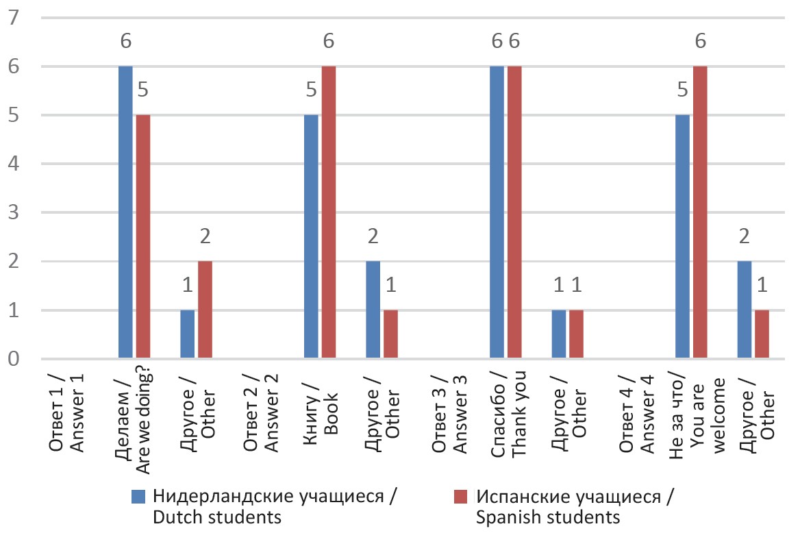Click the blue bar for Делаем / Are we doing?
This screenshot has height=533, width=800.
[125, 212]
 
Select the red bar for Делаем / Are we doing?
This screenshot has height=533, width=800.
[142, 237]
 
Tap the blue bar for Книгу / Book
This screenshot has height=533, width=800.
[311, 237]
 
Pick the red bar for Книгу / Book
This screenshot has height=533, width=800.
[328, 212]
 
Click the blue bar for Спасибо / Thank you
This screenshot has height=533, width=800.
[497, 212]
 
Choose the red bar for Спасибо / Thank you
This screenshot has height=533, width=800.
[514, 212]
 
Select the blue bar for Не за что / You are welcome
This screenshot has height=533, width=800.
[682, 237]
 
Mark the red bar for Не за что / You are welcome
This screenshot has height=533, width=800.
[699, 212]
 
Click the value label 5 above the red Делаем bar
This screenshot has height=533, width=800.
[142, 91]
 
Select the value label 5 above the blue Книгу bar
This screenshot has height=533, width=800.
[311, 91]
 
